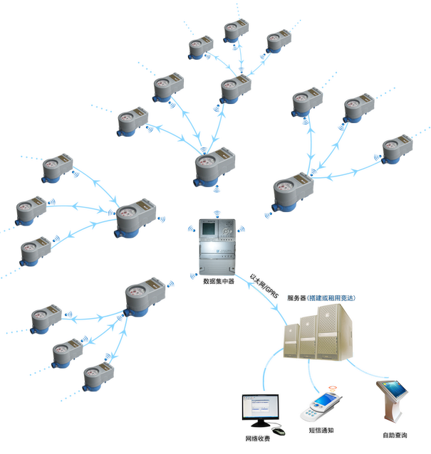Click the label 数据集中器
pos(219,281)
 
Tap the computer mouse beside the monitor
pos(280,431)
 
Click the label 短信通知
pos(321,430)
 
